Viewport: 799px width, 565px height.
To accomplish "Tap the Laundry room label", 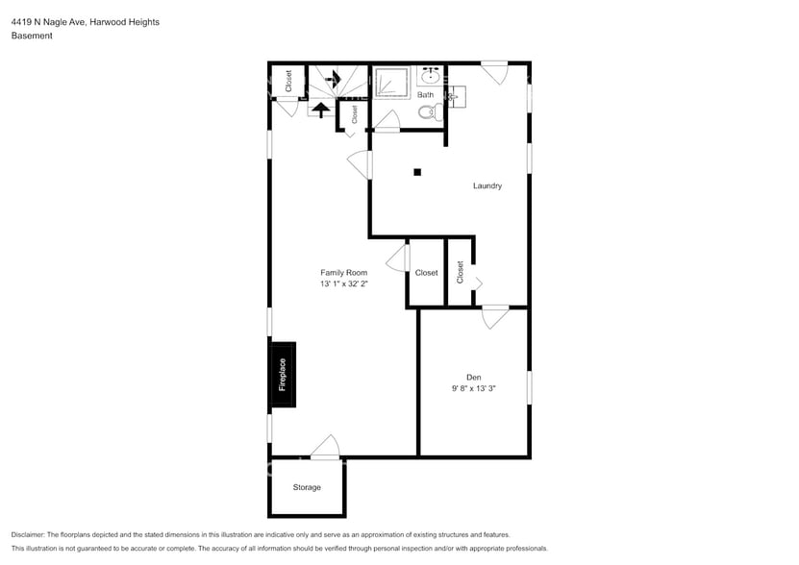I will coord(487,185).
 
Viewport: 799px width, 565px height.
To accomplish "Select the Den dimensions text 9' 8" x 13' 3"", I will coord(473,388).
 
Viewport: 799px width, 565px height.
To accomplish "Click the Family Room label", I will coord(343,273).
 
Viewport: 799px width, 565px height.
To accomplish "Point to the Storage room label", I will coord(307,487).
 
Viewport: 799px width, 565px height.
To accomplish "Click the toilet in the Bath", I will coord(428,112).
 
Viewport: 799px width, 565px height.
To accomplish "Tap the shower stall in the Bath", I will coord(390,84).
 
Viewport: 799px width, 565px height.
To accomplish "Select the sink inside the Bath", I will coord(428,77).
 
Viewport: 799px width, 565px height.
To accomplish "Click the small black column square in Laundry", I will coord(417,173).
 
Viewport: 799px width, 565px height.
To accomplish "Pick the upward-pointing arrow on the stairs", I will coord(318,109).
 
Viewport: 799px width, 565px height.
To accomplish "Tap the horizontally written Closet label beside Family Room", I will coord(426,273).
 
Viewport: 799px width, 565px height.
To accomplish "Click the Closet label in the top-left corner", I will coord(288,81).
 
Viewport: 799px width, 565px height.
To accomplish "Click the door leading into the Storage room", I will coord(326,447).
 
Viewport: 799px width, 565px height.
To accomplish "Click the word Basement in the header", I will coord(32,36).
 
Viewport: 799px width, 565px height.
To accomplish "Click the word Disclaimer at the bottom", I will coord(31,534).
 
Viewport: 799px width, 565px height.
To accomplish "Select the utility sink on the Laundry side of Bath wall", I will coord(456,95).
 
